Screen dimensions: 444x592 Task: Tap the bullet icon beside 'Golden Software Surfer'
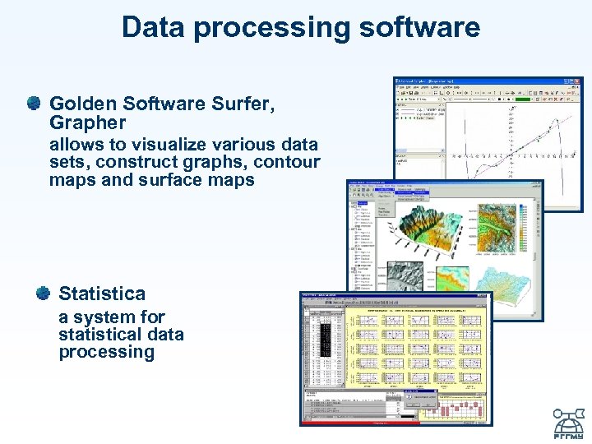coord(33,104)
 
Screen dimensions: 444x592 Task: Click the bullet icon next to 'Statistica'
coord(42,293)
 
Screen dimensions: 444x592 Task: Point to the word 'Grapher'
coord(87,123)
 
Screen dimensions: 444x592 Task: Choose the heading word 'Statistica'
coord(102,294)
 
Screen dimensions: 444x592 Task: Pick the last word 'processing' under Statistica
coord(106,352)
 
